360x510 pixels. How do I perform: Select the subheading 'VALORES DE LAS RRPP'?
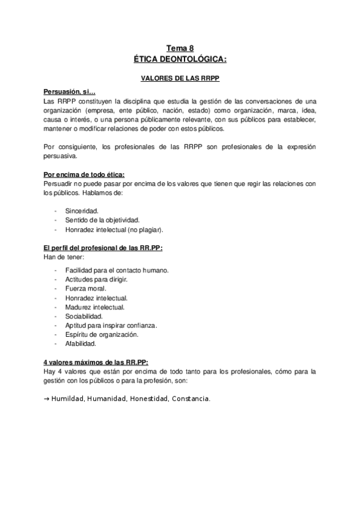pos(180,78)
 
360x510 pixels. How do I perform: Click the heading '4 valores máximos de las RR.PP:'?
pos(96,362)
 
